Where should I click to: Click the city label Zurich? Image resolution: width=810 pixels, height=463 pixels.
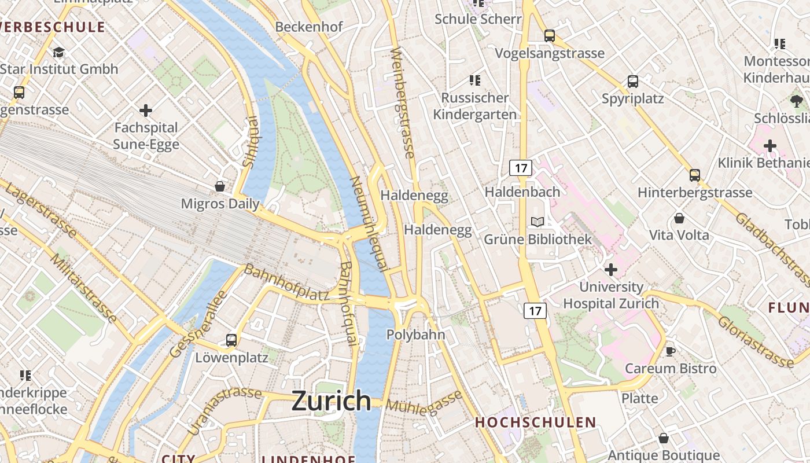[x=331, y=400]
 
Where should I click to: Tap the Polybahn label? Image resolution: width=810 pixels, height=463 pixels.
[x=415, y=335]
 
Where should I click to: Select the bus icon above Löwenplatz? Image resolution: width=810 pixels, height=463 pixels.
[x=231, y=340]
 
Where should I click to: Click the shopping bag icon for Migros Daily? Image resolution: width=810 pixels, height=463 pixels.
[x=220, y=186]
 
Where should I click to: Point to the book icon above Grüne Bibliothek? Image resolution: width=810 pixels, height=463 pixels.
[x=537, y=222]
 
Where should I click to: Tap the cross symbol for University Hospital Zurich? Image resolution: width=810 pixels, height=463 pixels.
[x=611, y=269]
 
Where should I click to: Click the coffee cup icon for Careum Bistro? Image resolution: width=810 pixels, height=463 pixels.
[x=671, y=351]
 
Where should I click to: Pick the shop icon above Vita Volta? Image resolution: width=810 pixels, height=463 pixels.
[x=679, y=218]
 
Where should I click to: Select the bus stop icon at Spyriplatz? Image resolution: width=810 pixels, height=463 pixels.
[x=633, y=82]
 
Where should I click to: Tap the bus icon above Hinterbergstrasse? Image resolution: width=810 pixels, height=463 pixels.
[x=695, y=175]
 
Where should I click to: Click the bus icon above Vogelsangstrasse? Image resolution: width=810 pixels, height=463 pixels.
[x=550, y=36]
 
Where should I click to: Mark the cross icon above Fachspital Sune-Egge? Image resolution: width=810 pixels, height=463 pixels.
[x=146, y=110]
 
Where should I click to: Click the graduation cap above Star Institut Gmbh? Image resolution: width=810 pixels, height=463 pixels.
[x=58, y=53]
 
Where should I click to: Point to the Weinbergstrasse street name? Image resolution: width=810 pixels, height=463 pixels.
[x=403, y=103]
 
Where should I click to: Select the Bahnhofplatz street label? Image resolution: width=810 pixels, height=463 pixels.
[x=286, y=282]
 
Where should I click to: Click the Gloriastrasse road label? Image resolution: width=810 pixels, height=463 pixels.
[x=756, y=341]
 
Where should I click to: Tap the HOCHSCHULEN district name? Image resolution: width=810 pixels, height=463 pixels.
[x=535, y=422]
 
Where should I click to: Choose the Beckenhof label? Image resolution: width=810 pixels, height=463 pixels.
[x=309, y=27]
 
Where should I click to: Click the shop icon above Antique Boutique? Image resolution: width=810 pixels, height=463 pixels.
[x=664, y=438]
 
